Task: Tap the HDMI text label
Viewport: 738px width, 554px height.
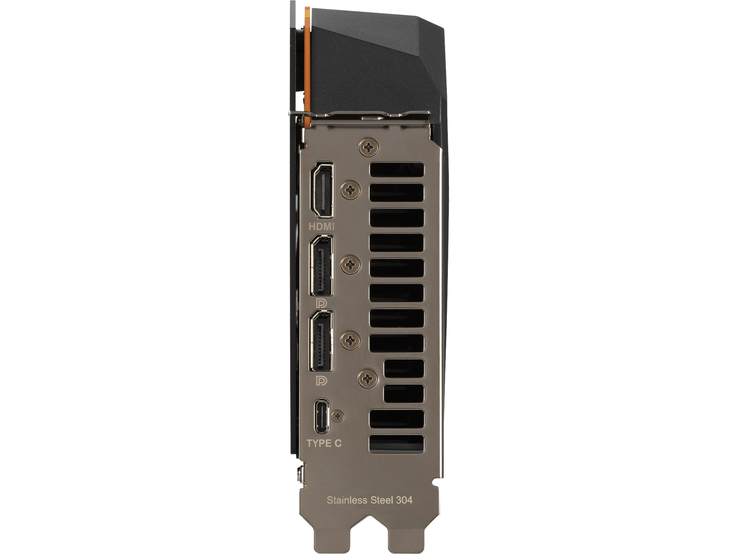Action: coord(322,227)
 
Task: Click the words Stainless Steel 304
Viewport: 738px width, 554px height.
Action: coord(369,500)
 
